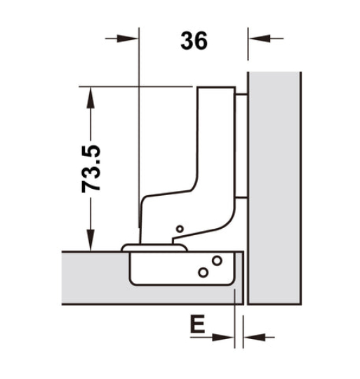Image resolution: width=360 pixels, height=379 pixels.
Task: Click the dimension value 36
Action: pos(194,41)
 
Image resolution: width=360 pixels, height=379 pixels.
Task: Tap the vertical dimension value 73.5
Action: pos(92,168)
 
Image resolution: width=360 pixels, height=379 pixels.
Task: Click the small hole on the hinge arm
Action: pos(180,229)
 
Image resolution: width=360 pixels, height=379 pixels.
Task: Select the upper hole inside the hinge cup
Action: pos(216,261)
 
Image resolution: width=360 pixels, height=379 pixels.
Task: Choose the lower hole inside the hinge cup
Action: pos(204,271)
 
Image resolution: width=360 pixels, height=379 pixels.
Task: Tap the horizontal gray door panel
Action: pos(91,277)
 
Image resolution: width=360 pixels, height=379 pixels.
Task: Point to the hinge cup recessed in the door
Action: pos(175,270)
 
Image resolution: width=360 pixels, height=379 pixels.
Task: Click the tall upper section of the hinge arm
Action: pos(218,140)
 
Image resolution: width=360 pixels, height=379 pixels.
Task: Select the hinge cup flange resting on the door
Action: pos(154,246)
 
